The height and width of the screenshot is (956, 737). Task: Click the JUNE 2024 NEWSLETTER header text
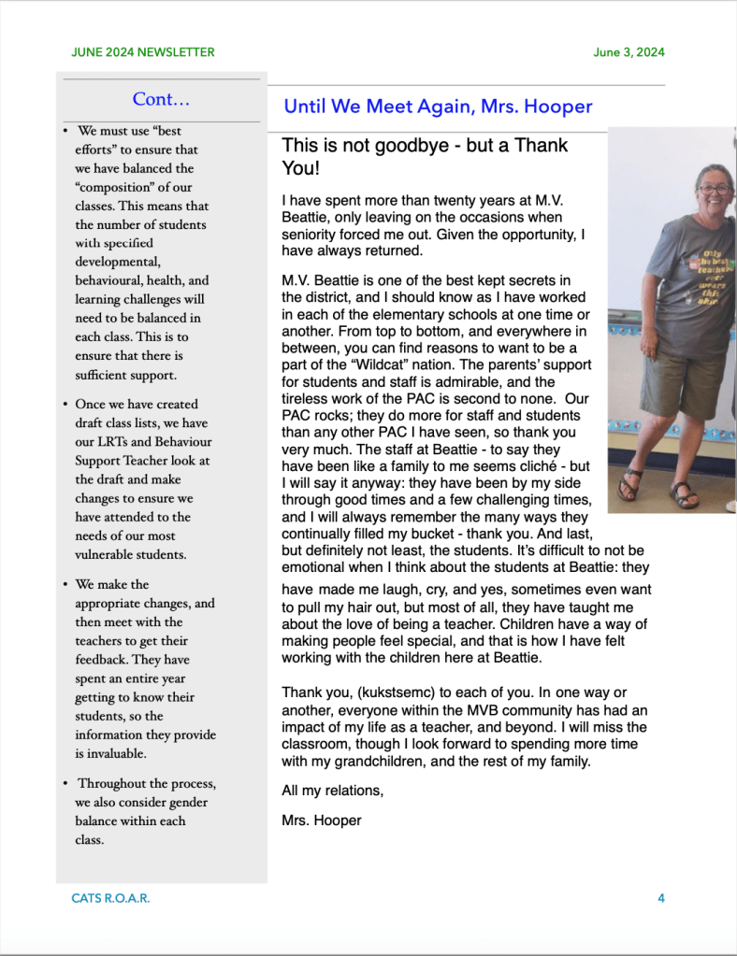[x=143, y=52]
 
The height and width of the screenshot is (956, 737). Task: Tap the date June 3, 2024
[x=629, y=52]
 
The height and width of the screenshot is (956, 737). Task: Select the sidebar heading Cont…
[x=161, y=99]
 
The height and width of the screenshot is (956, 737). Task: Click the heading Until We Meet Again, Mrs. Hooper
[x=438, y=107]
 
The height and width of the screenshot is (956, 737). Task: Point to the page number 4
[x=661, y=898]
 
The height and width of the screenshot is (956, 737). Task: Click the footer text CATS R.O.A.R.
[x=110, y=898]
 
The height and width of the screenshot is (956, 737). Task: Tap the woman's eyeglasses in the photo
[x=715, y=189]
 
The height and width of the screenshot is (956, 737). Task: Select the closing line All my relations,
[x=332, y=792]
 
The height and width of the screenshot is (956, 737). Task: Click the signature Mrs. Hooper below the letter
[x=321, y=821]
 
